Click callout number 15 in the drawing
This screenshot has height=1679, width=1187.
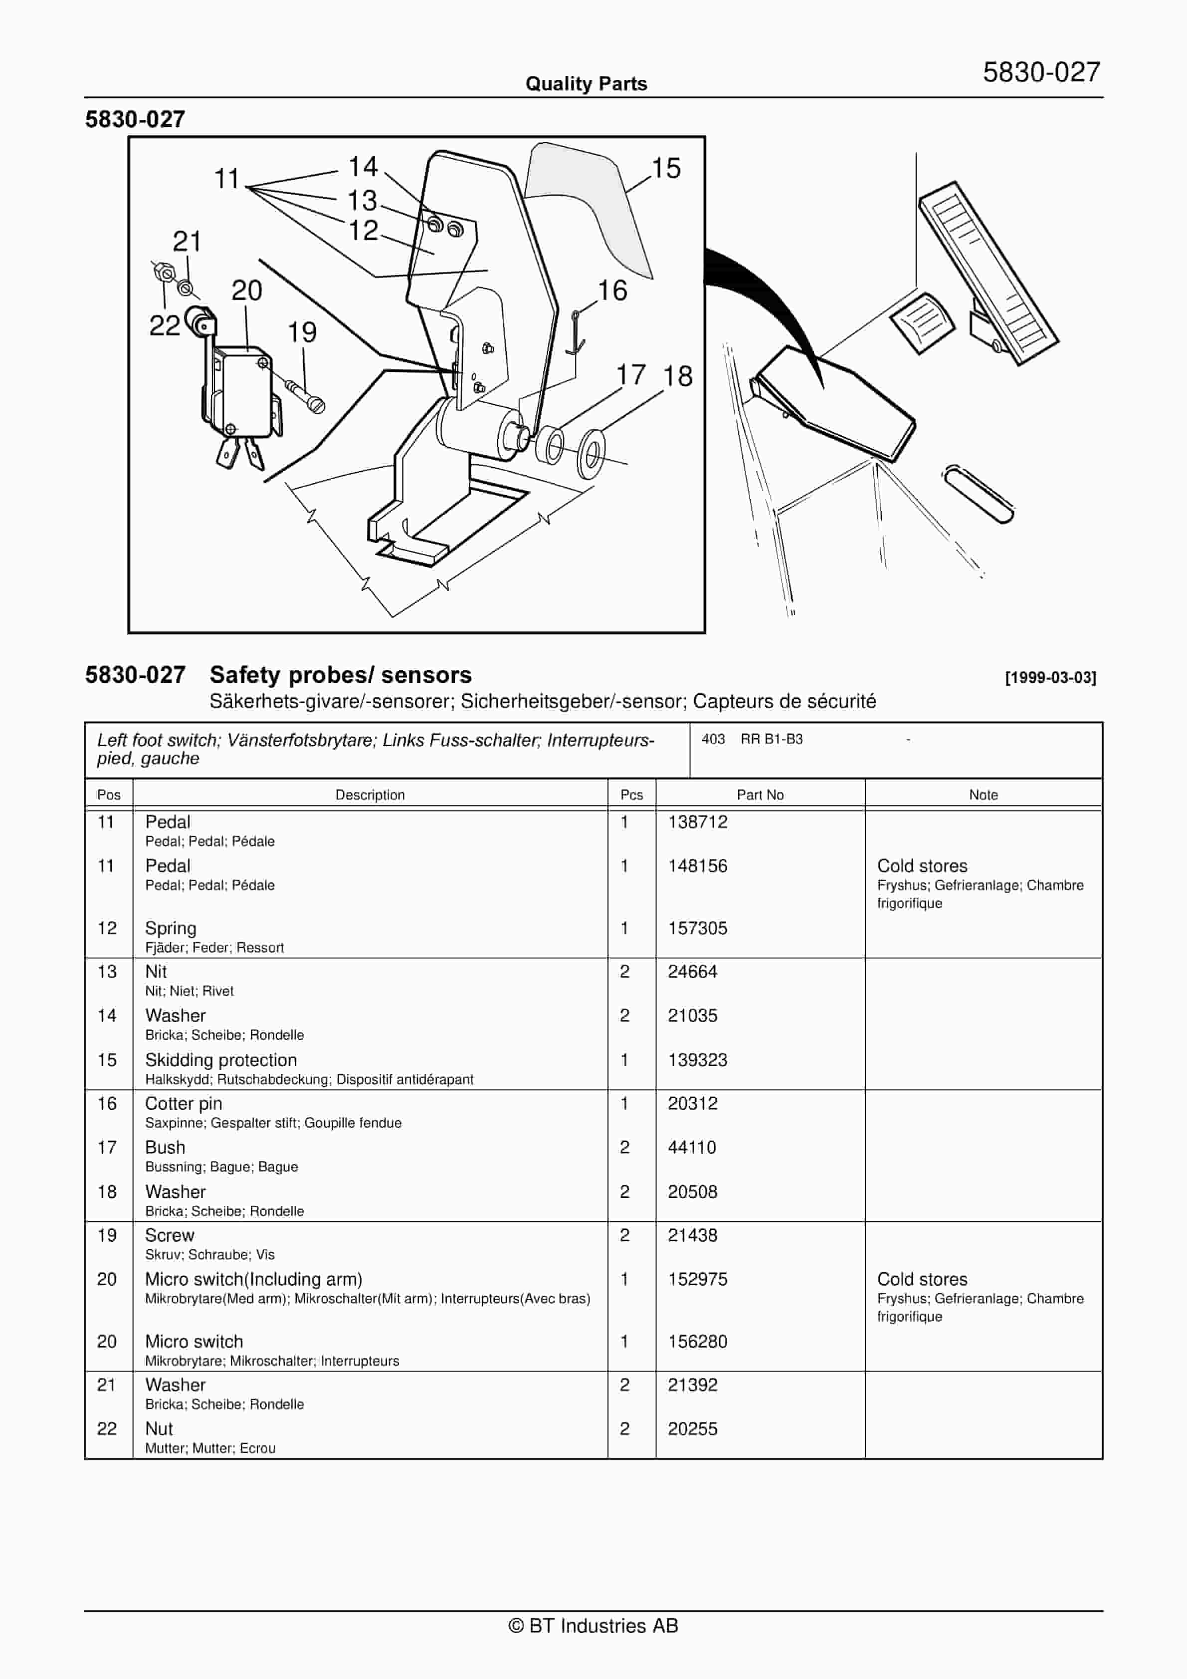tap(666, 169)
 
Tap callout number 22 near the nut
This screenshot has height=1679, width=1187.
tap(165, 326)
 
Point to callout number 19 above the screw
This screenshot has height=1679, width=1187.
tap(302, 333)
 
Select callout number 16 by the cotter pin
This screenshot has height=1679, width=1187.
tap(612, 291)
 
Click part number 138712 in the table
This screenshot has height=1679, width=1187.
tap(697, 822)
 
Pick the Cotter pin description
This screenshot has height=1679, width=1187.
tap(184, 1104)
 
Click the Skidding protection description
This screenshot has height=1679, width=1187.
tap(221, 1060)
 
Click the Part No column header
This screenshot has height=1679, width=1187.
tap(760, 795)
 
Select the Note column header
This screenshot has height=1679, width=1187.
tap(983, 795)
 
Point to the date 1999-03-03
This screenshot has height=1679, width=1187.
tap(1050, 678)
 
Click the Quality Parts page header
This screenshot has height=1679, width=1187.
tap(586, 84)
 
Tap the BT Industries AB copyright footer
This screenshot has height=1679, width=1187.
tap(593, 1626)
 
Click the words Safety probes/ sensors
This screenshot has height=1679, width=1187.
tap(341, 674)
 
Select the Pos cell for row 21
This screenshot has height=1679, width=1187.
tap(107, 1385)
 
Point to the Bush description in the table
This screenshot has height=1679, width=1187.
tap(165, 1147)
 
